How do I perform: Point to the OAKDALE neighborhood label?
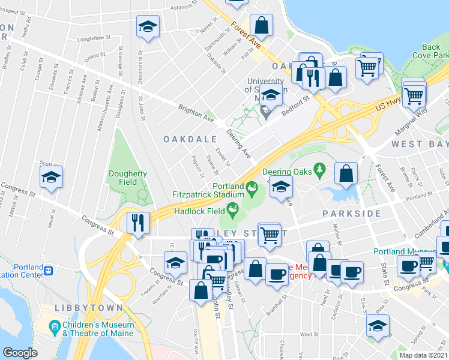click(190, 139)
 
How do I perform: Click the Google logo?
click(20, 353)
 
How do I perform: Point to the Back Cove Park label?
click(430, 51)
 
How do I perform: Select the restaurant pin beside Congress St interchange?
click(138, 223)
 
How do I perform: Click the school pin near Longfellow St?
click(148, 27)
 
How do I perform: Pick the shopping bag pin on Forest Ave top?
click(261, 25)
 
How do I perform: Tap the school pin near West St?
click(378, 326)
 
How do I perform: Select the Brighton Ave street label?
click(196, 113)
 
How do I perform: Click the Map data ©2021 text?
click(424, 355)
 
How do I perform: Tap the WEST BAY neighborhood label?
click(420, 145)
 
